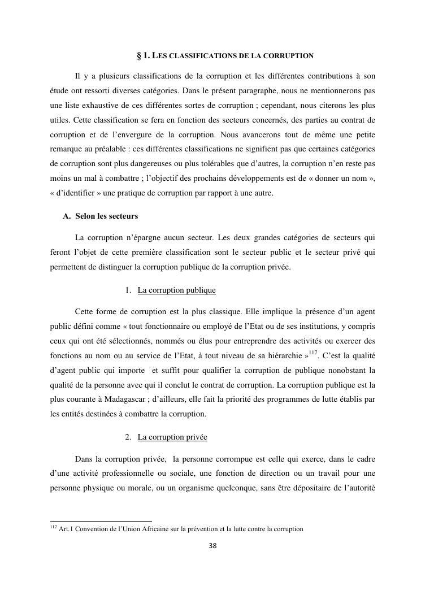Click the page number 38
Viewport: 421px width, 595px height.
point(213,546)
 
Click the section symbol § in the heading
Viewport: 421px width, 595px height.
point(139,56)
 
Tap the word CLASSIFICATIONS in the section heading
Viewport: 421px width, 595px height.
point(205,56)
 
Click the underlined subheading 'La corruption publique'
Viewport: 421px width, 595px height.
point(177,290)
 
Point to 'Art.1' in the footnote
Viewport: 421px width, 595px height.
point(67,529)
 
